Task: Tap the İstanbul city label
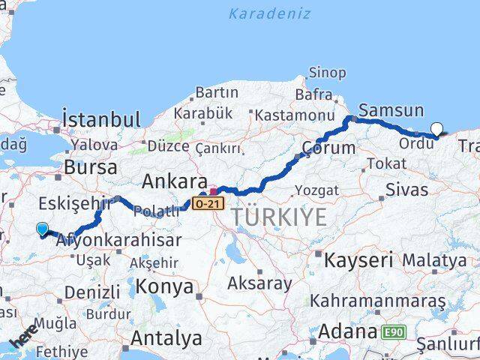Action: [x=101, y=119]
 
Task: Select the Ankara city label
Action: [x=175, y=181]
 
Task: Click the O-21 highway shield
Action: [x=208, y=203]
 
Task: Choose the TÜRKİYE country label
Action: [x=279, y=217]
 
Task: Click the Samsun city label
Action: [x=391, y=110]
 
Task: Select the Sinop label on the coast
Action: [x=328, y=73]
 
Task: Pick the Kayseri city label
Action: [x=358, y=260]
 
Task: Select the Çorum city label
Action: [x=328, y=148]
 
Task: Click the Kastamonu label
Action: [x=294, y=115]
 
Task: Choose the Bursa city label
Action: [x=91, y=166]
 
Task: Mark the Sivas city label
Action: [x=407, y=189]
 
